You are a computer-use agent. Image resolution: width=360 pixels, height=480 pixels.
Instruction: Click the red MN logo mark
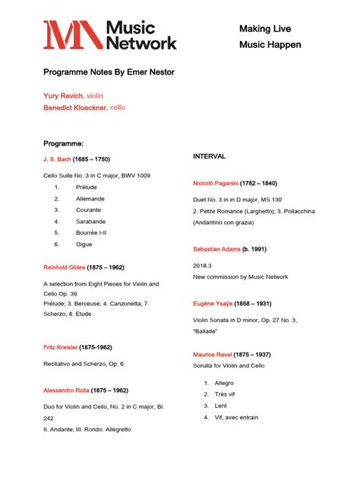[72, 35]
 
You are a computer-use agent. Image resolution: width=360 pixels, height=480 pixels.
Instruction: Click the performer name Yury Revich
[63, 96]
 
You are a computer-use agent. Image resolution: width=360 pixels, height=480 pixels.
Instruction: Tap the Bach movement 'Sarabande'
[90, 221]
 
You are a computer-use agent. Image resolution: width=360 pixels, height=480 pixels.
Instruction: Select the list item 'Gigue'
[84, 244]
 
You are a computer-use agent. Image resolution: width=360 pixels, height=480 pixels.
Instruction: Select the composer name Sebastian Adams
[216, 249]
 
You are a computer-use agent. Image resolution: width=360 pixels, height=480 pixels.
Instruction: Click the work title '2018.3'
[203, 266]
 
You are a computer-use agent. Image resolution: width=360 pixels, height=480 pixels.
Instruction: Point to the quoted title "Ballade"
[206, 331]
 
